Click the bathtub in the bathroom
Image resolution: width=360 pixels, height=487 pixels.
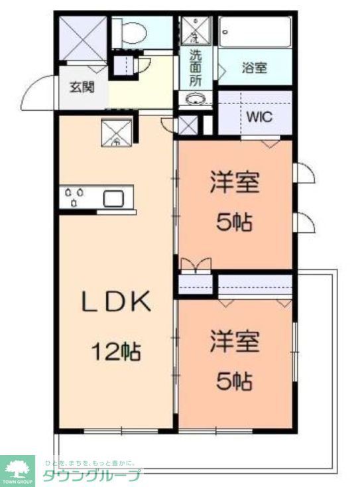click(x=255, y=31)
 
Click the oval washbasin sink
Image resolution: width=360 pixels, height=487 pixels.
click(x=196, y=100)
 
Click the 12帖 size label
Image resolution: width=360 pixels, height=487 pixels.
click(x=117, y=351)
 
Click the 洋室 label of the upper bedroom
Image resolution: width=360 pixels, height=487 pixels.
click(x=235, y=182)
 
